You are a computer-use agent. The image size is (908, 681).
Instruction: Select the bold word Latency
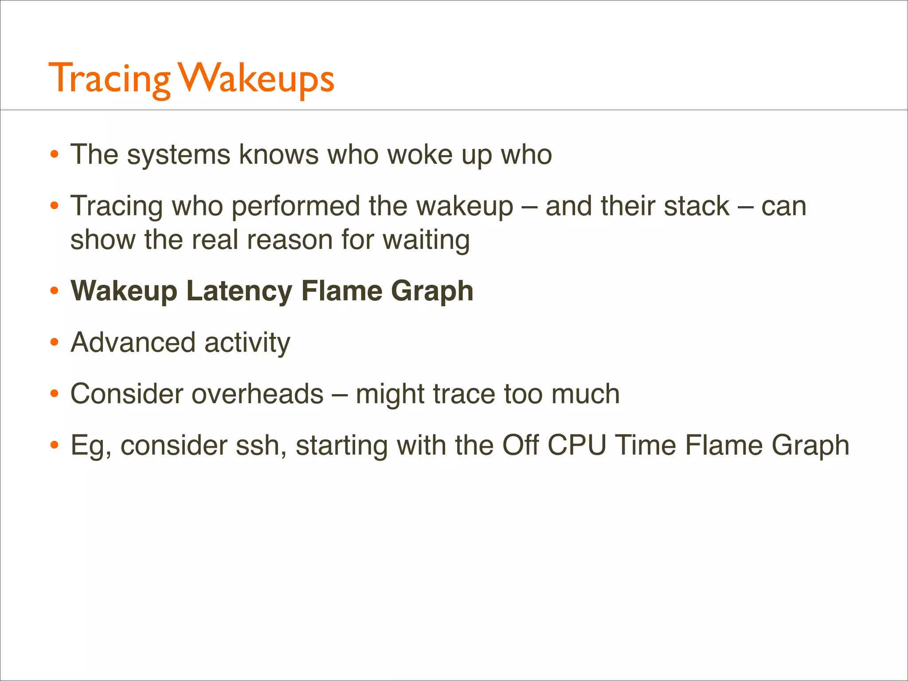click(x=239, y=291)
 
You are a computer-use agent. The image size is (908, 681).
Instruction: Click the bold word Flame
click(x=341, y=291)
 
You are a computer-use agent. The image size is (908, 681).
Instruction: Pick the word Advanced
click(x=133, y=342)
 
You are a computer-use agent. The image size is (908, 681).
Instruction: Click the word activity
click(x=247, y=342)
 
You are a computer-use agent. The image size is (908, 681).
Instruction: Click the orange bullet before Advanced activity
click(x=54, y=342)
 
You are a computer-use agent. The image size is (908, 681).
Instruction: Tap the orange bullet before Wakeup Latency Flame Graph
click(x=54, y=291)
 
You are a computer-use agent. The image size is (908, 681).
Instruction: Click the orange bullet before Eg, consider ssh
click(x=54, y=445)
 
